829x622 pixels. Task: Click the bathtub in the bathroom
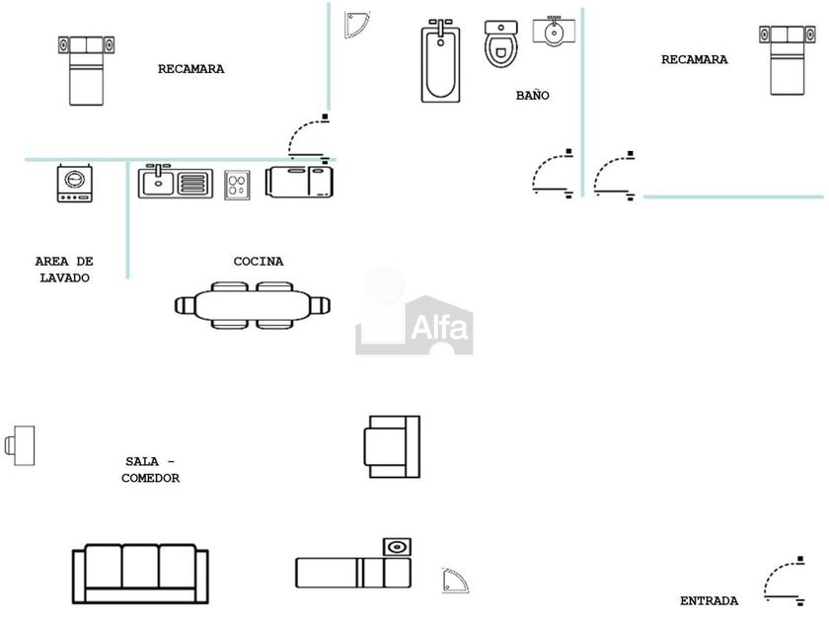[x=441, y=61]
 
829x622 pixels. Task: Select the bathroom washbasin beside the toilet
[x=554, y=31]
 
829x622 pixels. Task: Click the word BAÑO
[x=532, y=96]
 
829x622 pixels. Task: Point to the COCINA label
[x=259, y=262]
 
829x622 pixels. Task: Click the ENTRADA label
[x=709, y=600]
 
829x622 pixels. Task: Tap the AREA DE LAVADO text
[x=64, y=270]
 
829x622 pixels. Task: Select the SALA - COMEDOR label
[x=150, y=470]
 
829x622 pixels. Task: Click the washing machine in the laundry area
[x=74, y=184]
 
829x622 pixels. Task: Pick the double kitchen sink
[x=175, y=182]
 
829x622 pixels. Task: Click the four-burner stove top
[x=237, y=184]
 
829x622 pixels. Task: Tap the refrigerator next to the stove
[x=299, y=183]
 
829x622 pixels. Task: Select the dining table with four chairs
[x=251, y=305]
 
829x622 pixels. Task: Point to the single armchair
[x=392, y=446]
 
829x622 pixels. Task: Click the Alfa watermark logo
[x=414, y=314]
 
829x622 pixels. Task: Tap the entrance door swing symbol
[x=786, y=582]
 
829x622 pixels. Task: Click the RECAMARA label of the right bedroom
[x=694, y=59]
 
